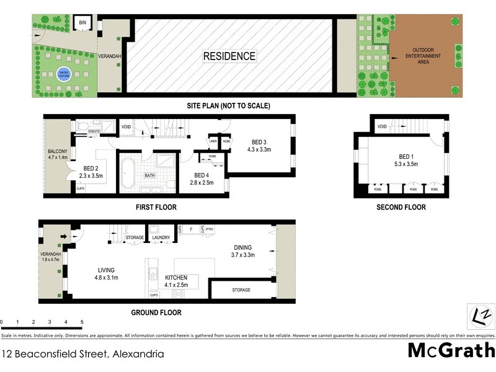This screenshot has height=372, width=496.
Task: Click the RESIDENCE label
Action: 229,56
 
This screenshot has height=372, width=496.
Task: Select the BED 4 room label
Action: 201,175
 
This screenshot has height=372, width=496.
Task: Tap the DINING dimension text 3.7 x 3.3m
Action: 243,254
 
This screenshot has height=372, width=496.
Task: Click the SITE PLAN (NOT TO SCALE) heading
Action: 229,106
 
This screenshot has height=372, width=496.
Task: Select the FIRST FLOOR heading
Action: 156,206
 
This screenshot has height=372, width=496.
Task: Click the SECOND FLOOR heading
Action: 401,207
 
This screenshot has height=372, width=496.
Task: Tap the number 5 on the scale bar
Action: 82,322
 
